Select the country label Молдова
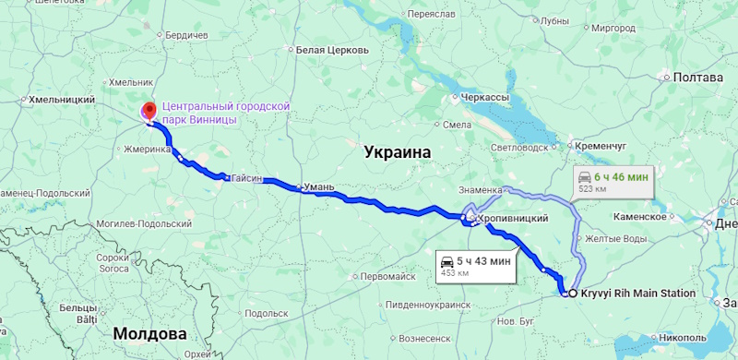click(149, 333)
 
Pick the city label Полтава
click(697, 78)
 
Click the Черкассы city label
click(484, 97)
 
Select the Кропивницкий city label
click(513, 218)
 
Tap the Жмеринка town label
click(148, 149)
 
